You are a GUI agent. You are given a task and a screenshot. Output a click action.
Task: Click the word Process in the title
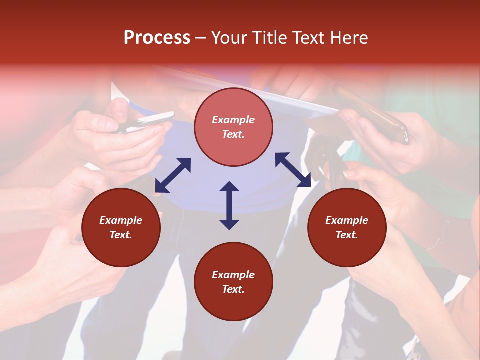[x=157, y=38]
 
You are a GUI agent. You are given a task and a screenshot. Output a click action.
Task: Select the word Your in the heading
[x=229, y=38]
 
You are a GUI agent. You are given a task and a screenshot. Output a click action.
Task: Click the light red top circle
[x=233, y=127]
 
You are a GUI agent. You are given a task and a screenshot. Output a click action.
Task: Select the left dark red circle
[x=121, y=227]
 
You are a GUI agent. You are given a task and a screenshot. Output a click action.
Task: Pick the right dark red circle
[x=347, y=227]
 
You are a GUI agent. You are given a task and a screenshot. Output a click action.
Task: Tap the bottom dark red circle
[x=233, y=282]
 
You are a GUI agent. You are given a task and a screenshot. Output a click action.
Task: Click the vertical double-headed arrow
[x=229, y=205]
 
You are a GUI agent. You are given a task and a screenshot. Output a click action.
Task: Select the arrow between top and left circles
[x=173, y=175]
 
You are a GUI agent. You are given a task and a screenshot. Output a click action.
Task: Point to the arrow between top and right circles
[x=293, y=170]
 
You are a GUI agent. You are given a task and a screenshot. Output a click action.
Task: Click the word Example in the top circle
[x=233, y=120]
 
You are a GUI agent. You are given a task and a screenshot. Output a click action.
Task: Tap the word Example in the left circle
[x=121, y=220]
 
